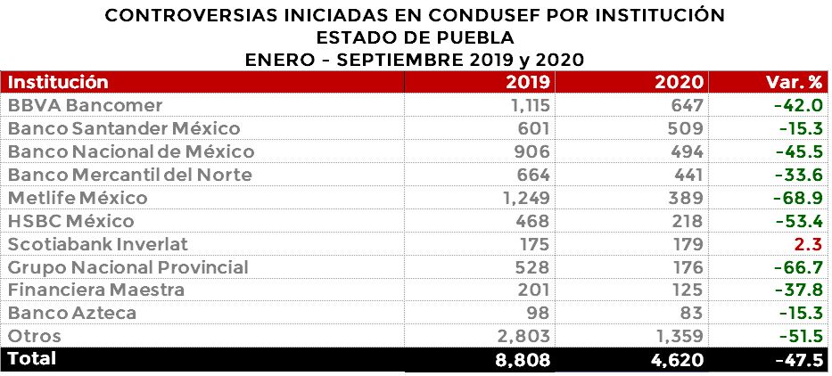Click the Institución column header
tap(58, 83)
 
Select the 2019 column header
tap(527, 83)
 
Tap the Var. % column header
tap(794, 83)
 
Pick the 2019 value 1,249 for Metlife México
tap(523, 198)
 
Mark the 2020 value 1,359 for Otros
tap(680, 337)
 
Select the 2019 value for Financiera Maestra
tap(531, 290)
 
